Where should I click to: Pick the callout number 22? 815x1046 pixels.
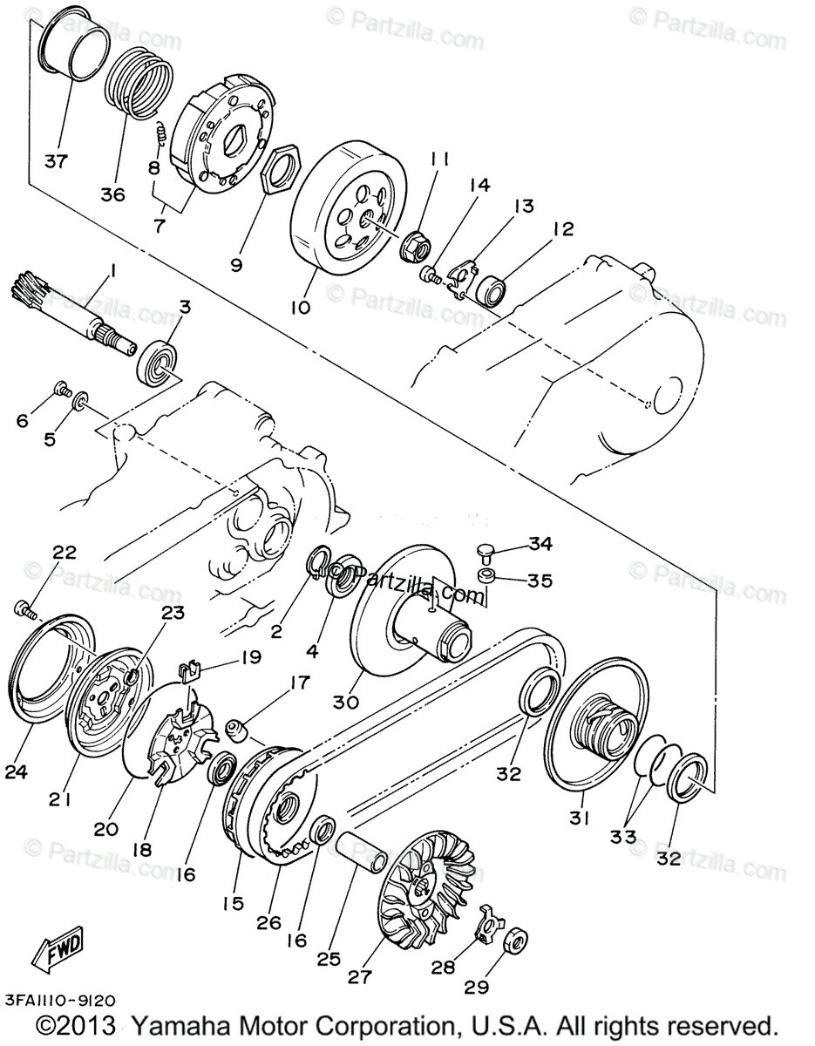(x=65, y=553)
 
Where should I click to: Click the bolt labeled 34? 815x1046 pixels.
(x=485, y=551)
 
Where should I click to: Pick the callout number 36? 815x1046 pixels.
(x=112, y=194)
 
